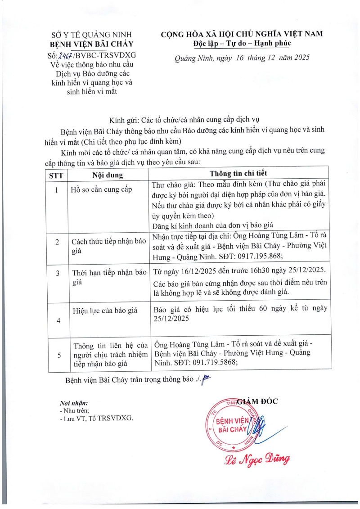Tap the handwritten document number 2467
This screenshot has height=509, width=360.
point(66,55)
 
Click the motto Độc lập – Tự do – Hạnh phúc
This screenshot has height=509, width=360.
point(242,43)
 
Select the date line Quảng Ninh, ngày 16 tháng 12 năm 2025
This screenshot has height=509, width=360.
point(242,58)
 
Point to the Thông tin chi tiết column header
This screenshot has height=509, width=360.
point(240,173)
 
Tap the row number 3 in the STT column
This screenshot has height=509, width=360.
point(57,273)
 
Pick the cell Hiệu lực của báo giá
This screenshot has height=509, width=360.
point(106,310)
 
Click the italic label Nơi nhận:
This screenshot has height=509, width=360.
point(74,403)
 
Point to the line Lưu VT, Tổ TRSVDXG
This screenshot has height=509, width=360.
point(96,418)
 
